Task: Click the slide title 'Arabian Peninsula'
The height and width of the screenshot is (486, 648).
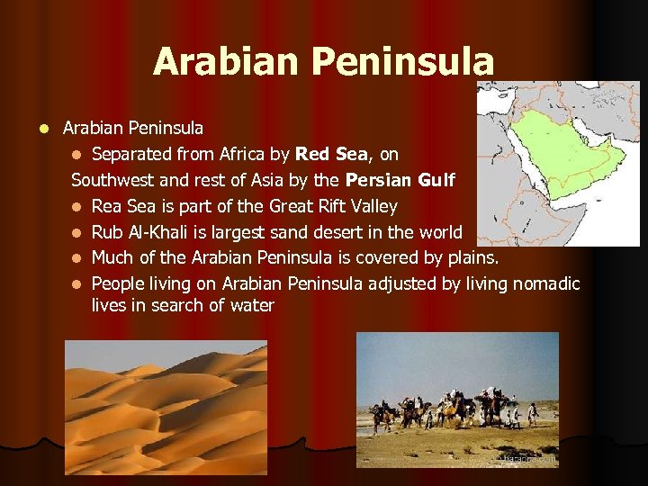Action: (323, 62)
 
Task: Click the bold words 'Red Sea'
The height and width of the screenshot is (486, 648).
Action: (331, 155)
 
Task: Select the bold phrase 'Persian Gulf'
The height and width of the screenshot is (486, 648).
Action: (400, 180)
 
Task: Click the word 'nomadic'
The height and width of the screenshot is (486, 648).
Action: (545, 283)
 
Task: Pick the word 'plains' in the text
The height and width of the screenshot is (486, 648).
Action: (472, 257)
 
